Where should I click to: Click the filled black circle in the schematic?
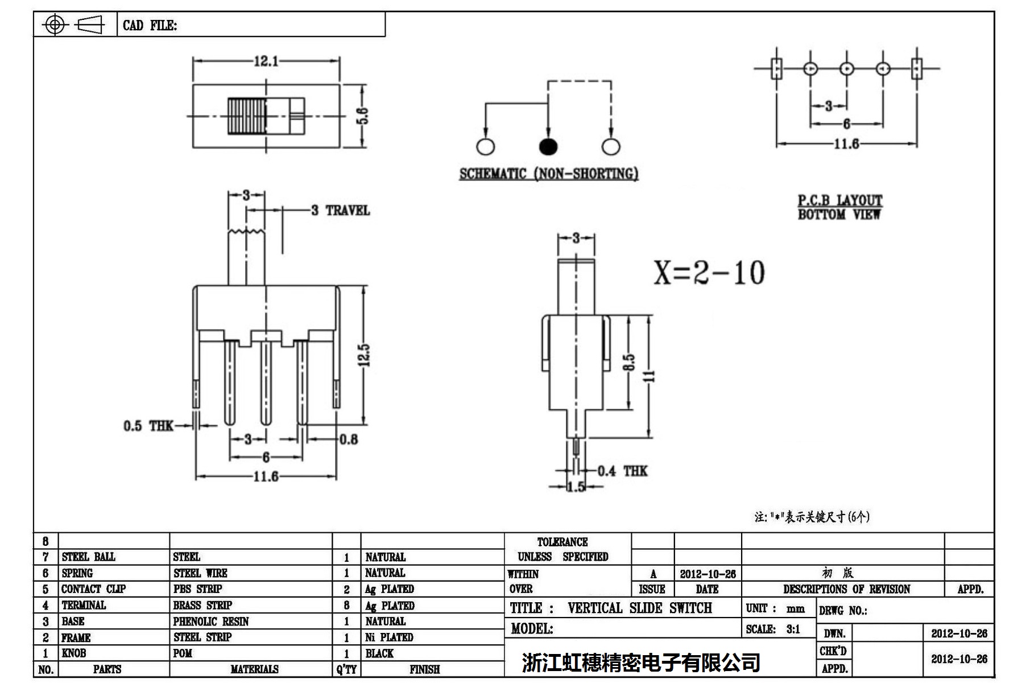548,146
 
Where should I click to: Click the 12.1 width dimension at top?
266,61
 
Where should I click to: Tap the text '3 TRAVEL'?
341,211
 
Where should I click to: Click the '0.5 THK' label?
148,426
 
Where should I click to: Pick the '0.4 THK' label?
623,471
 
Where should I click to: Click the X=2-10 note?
709,273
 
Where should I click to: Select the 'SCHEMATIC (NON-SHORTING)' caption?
548,174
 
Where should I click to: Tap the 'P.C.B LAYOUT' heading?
839,200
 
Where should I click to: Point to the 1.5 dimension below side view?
576,487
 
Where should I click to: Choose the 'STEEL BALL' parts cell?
88,557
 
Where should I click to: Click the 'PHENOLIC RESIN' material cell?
211,621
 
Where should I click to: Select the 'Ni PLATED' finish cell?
389,637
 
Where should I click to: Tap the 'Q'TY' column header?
346,669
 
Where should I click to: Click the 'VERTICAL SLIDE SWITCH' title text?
639,608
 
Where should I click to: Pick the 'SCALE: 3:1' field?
773,629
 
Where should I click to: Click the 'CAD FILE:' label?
150,26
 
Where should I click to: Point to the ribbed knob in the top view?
247,116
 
